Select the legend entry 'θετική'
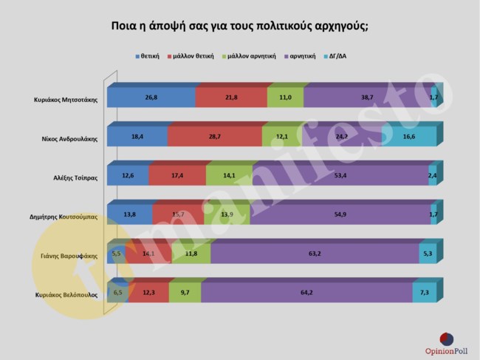click(150, 56)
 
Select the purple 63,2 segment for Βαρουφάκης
click(315, 254)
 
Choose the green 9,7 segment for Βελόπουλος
click(185, 293)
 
